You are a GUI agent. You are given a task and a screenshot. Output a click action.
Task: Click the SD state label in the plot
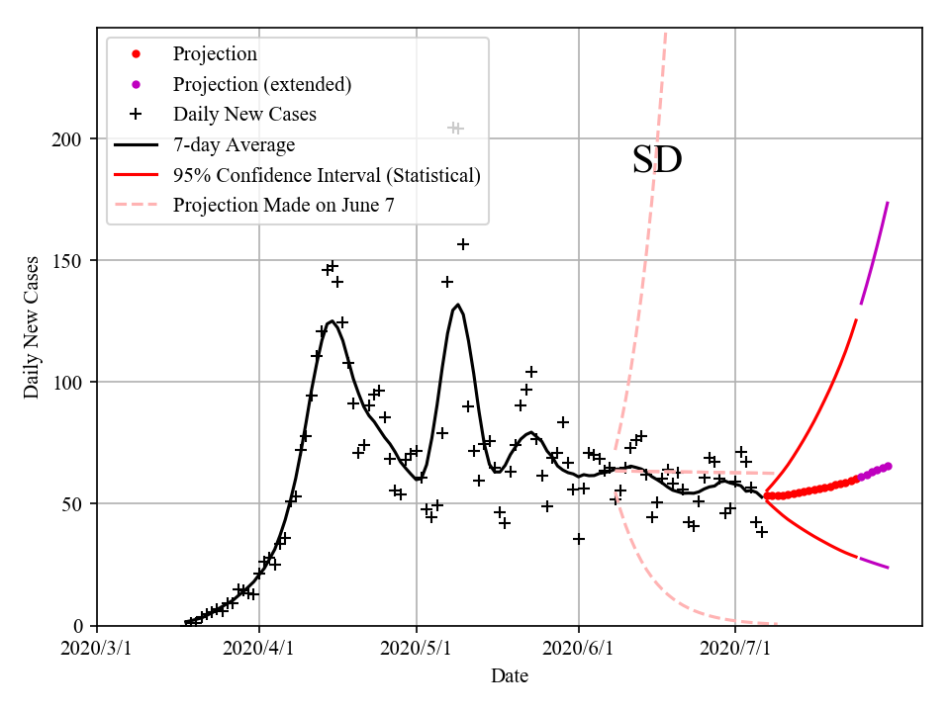[657, 160]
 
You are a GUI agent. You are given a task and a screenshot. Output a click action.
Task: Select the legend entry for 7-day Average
[234, 145]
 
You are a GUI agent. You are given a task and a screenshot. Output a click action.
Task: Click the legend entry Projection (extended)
[262, 84]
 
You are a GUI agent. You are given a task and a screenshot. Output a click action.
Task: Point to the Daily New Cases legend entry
[244, 115]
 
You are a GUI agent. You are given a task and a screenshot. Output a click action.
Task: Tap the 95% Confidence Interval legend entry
[327, 175]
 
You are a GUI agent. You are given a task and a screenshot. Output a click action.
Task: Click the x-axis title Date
[510, 677]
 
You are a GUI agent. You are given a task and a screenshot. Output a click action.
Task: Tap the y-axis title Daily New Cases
[33, 328]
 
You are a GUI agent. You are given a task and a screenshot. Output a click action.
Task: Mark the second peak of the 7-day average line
[457, 305]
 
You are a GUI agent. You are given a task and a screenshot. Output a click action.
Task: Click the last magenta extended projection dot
[888, 466]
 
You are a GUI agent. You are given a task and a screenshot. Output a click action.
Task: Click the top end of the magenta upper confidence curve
[888, 202]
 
